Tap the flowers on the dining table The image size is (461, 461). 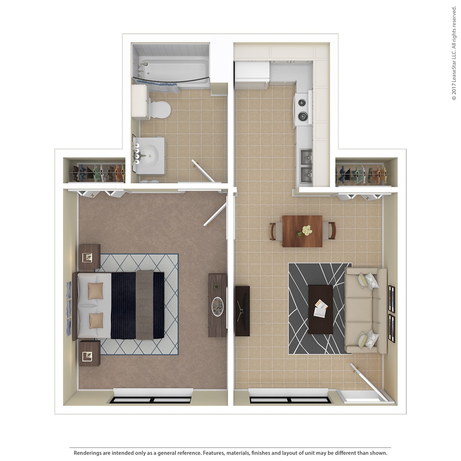[304, 230]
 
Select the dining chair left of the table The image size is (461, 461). [274, 231]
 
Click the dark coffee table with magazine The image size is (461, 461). [321, 309]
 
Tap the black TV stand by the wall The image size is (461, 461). [242, 311]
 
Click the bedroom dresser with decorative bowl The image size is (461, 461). [217, 305]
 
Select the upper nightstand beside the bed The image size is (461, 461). [89, 256]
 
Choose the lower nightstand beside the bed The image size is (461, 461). [89, 354]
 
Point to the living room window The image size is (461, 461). [290, 399]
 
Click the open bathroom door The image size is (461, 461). [204, 171]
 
